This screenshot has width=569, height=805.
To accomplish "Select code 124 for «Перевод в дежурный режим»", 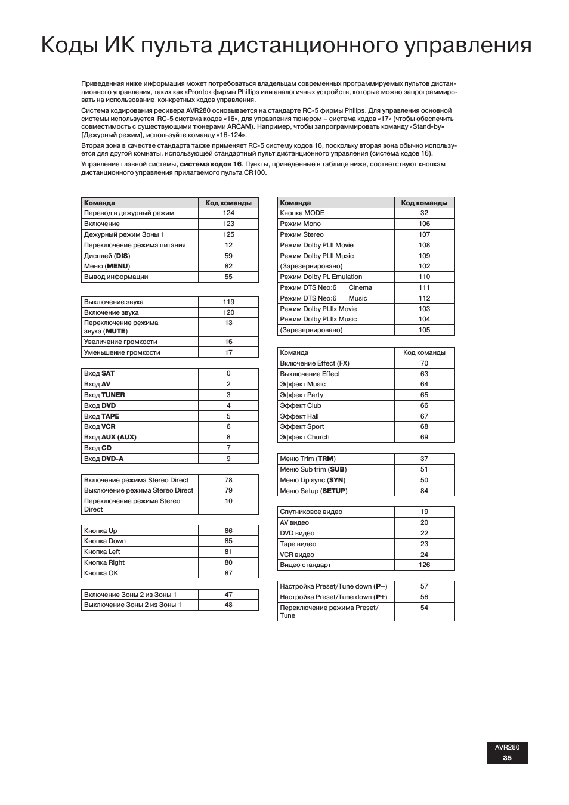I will click(x=228, y=213).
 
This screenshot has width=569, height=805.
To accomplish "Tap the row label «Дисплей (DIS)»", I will click(x=107, y=256).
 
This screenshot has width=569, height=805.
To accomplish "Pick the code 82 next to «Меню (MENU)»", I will click(x=228, y=266).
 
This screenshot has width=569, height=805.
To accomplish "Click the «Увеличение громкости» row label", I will click(x=120, y=342).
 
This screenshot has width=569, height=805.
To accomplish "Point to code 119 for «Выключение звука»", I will click(x=228, y=302).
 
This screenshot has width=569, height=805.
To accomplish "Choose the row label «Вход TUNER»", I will click(x=104, y=395).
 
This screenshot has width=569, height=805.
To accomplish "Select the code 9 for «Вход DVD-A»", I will click(x=228, y=459).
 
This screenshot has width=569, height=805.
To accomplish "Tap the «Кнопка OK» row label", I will click(x=101, y=573).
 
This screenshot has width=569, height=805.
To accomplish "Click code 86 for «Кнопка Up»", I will click(x=228, y=531).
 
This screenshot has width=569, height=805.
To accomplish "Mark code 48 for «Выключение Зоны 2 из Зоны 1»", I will click(x=228, y=605).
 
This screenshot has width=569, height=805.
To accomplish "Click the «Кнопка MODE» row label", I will click(x=302, y=213).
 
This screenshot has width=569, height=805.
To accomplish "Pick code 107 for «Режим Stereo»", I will click(x=424, y=234).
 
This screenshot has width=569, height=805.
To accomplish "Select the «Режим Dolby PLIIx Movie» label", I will click(x=318, y=309).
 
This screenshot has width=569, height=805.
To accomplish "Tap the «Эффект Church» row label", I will click(x=305, y=437).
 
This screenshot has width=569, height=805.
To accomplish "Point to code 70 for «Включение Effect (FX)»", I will click(x=424, y=363).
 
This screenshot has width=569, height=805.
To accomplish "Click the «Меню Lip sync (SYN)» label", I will click(x=313, y=480).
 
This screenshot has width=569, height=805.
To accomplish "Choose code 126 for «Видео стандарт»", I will click(x=424, y=565).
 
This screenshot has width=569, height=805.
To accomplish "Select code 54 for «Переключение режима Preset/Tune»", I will click(x=424, y=608).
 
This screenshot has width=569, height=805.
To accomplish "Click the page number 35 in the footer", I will click(x=507, y=758).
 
